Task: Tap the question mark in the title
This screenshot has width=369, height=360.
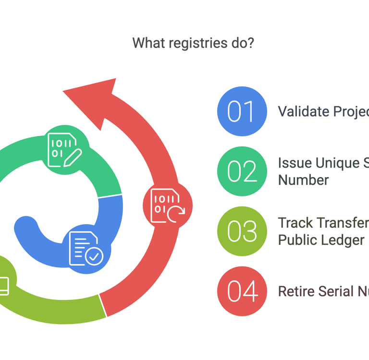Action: pyautogui.click(x=251, y=43)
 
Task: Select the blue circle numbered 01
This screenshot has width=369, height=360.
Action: pyautogui.click(x=241, y=111)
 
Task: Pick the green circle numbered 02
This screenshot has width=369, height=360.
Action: pyautogui.click(x=241, y=171)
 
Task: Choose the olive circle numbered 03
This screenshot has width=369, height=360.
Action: pyautogui.click(x=241, y=231)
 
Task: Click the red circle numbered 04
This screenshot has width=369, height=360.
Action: pyautogui.click(x=241, y=291)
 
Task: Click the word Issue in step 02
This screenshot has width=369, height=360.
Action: pyautogui.click(x=294, y=163)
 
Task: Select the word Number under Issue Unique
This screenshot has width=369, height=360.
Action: pyautogui.click(x=304, y=180)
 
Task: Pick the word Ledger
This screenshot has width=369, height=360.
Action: pyautogui.click(x=343, y=240)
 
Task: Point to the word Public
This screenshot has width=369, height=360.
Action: pyautogui.click(x=298, y=240)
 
